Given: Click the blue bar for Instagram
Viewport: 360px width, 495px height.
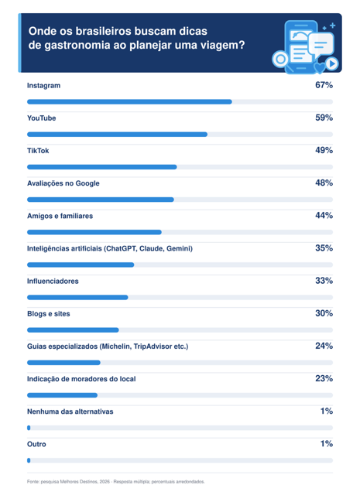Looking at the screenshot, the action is tap(129, 101).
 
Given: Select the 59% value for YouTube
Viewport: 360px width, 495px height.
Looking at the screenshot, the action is tap(324, 118).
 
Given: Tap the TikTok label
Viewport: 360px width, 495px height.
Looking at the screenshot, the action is tap(38, 151).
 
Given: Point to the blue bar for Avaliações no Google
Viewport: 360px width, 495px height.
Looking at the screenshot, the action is tap(101, 200).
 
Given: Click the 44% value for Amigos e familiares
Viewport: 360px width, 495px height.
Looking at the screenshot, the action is tap(324, 216).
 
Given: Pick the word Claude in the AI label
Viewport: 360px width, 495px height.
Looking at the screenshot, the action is tap(151, 248).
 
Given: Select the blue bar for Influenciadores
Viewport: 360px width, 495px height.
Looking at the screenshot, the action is tap(77, 297).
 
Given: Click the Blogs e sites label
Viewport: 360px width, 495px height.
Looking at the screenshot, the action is tap(48, 314).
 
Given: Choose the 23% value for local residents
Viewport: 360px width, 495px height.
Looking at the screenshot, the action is tap(324, 378).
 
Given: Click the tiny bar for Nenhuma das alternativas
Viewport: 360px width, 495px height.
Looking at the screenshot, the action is tap(29, 428).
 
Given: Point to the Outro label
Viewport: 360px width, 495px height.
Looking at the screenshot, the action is tap(36, 444).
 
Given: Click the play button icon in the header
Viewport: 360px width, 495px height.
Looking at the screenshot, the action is tap(332, 63).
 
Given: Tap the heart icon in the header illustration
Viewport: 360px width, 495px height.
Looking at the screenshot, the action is tap(320, 68).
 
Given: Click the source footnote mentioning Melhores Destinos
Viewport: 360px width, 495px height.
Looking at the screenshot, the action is tap(116, 481).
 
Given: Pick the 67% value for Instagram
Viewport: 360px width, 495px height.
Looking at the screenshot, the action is tap(324, 85).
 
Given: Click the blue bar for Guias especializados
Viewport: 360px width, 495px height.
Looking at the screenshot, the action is tap(63, 363).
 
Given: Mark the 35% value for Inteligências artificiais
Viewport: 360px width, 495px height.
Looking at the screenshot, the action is tap(324, 248).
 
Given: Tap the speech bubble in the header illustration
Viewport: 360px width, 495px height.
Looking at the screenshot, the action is tap(321, 45).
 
